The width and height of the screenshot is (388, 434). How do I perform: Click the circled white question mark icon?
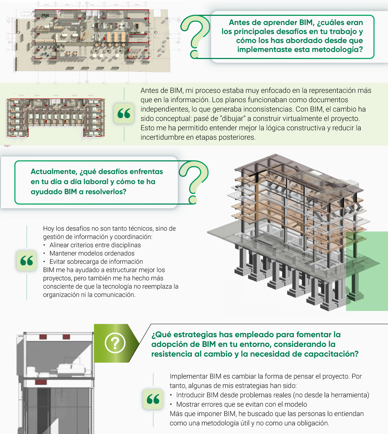(x=115, y=343)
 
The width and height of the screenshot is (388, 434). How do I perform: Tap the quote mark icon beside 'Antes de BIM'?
(x=124, y=113)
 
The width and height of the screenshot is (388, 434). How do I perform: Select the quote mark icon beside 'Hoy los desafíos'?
(x=27, y=261)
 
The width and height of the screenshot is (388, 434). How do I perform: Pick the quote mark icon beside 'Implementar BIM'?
(x=153, y=399)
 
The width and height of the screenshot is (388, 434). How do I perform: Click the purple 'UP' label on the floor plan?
(x=58, y=12)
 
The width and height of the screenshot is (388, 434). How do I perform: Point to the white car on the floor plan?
(x=27, y=14)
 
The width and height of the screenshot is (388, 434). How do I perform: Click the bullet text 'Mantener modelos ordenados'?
(x=92, y=253)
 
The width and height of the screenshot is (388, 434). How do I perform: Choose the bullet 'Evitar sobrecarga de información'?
(x=96, y=262)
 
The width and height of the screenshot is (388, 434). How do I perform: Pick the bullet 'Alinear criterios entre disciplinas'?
(x=95, y=245)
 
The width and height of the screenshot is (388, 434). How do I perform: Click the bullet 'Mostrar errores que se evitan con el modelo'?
(x=241, y=404)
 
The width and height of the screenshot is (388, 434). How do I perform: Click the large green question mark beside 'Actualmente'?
(x=194, y=182)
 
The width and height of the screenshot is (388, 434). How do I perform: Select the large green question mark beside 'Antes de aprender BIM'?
(x=195, y=37)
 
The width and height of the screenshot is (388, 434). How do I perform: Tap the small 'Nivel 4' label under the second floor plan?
(x=7, y=146)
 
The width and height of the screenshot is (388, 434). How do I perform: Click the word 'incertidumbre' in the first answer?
(x=162, y=137)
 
